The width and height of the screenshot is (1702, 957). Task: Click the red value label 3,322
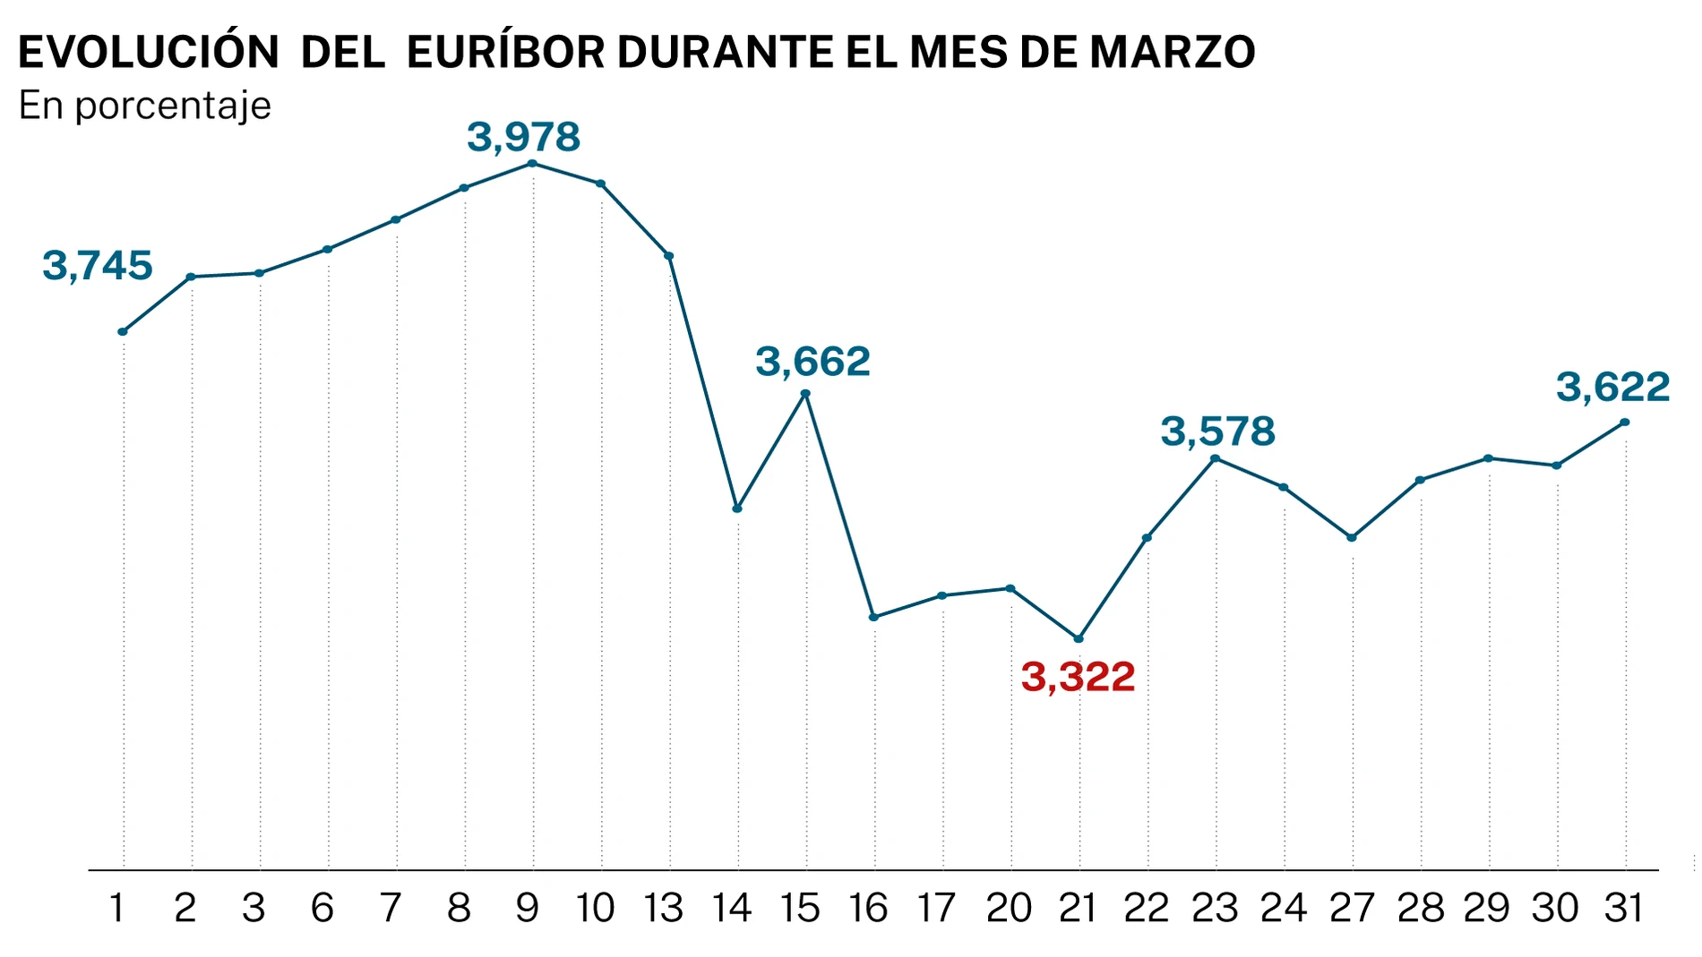coord(1078,677)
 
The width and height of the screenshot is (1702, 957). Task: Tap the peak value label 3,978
coord(524,137)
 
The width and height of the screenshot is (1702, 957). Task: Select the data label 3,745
coord(98,266)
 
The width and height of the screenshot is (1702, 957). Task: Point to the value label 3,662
coord(812,362)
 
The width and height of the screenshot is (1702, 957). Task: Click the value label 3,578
coord(1217,432)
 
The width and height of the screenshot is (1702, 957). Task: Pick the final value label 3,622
coord(1612,387)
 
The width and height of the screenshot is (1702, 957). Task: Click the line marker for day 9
coord(532,164)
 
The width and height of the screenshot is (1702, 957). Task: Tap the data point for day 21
coord(1079,638)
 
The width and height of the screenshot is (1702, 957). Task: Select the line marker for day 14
coord(737,508)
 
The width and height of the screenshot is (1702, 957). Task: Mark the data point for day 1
coord(123,332)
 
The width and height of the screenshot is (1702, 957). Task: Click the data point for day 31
coord(1625,423)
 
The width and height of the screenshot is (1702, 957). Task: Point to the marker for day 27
coord(1352,538)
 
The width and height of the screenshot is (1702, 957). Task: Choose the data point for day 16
coord(873,617)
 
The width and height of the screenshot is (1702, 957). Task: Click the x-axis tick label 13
coord(664,909)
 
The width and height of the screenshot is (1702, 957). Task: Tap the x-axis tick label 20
coord(1009,909)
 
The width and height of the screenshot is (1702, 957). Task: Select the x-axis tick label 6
coord(322,909)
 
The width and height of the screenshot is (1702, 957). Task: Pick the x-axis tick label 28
coord(1420,909)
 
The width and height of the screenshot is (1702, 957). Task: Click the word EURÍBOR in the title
coord(506,53)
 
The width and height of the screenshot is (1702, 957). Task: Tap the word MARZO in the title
coord(1172,53)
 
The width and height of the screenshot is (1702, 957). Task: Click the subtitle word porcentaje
coord(173,107)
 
